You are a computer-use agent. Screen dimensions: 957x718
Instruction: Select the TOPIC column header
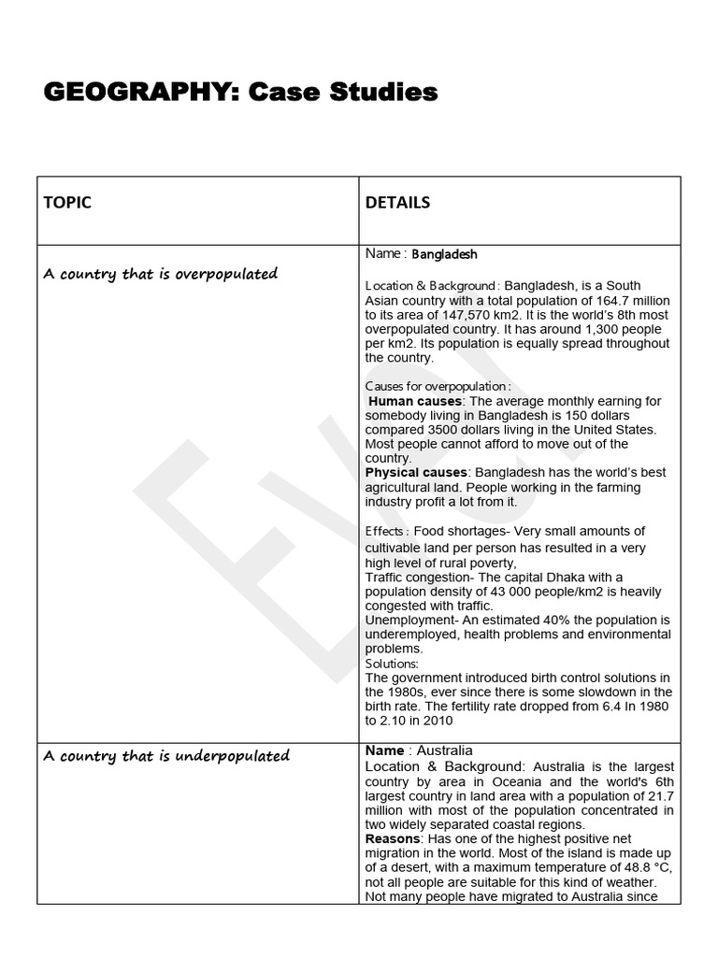[x=67, y=203]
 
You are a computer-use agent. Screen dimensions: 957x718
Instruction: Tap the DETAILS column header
[x=397, y=203]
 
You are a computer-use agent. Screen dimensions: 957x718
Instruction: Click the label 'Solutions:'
[x=392, y=664]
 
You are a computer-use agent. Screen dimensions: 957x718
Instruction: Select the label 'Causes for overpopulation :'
[x=438, y=386]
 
